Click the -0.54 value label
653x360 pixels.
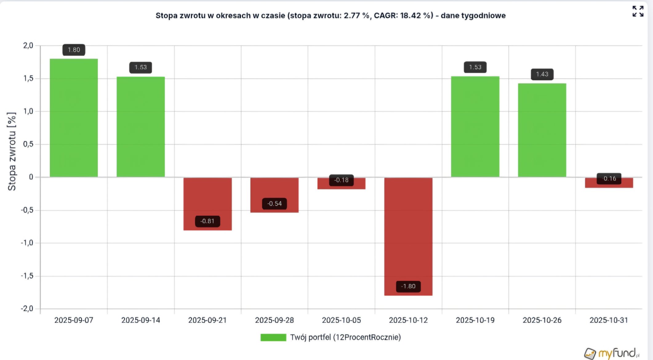click(274, 204)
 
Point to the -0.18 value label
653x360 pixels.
click(341, 180)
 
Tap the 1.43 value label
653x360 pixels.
click(542, 74)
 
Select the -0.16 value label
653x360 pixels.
click(609, 178)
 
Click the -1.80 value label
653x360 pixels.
click(408, 286)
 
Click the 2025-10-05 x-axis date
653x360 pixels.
click(341, 320)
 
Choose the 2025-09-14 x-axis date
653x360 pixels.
click(141, 320)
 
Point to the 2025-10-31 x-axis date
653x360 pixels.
click(609, 320)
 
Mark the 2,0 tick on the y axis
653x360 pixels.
click(28, 46)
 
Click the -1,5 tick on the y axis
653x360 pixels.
click(27, 276)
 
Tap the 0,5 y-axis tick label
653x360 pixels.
click(28, 144)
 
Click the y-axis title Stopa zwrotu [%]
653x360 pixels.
click(12, 151)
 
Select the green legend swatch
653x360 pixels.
click(273, 338)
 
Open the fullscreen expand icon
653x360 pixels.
click(638, 11)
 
